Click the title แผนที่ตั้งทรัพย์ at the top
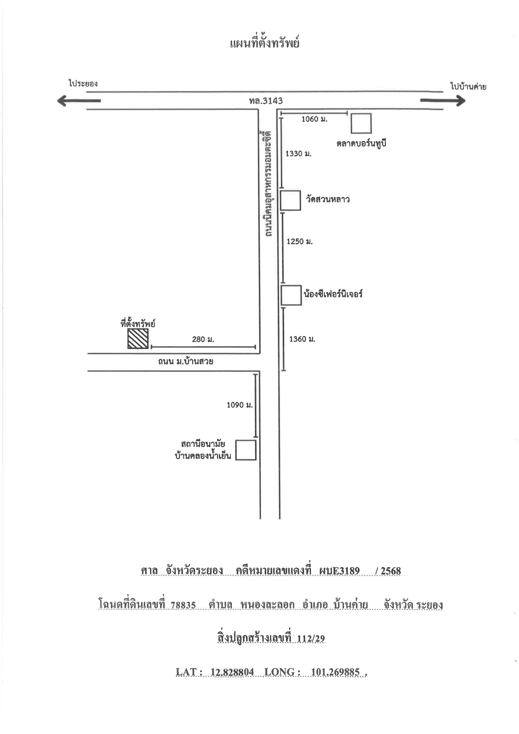[x=265, y=43]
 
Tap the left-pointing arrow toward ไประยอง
[x=79, y=100]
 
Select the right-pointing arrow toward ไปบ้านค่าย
[x=443, y=100]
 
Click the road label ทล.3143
[x=266, y=101]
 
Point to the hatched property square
[x=138, y=339]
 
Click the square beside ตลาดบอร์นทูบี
[x=361, y=123]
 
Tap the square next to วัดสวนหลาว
[x=290, y=200]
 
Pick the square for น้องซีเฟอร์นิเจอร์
[x=291, y=295]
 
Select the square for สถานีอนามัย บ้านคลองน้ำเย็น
[x=246, y=450]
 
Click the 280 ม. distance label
[x=203, y=339]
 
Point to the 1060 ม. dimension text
[x=314, y=119]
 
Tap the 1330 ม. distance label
[x=298, y=154]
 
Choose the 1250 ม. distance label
[x=299, y=241]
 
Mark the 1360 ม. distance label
[x=302, y=339]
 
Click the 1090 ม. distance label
[x=240, y=405]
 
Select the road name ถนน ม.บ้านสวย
[x=185, y=361]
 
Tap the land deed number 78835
[x=183, y=605]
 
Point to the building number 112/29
[x=311, y=639]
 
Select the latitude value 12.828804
[x=232, y=672]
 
